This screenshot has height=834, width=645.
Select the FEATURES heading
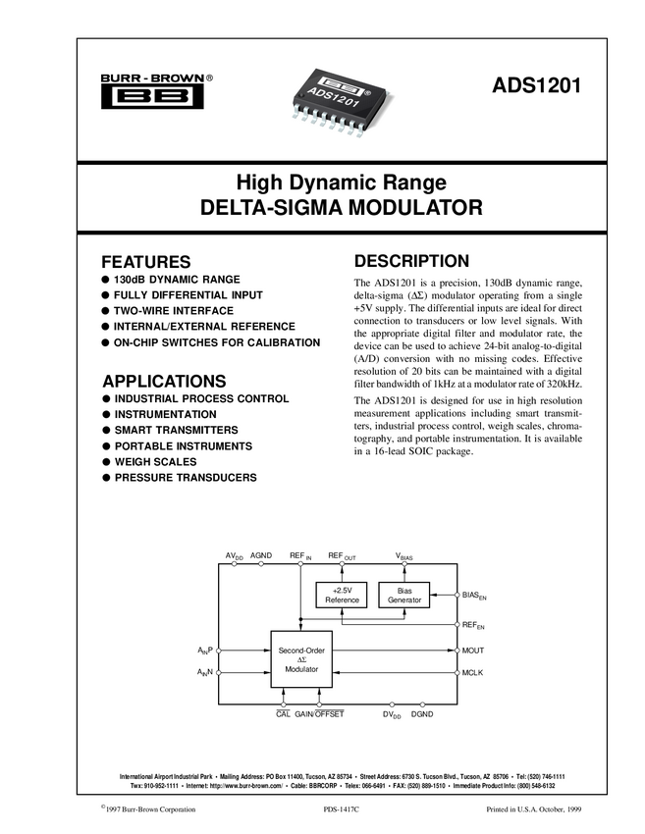click(146, 263)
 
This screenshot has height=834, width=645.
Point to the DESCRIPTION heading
click(411, 262)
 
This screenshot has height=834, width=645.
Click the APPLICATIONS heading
click(164, 381)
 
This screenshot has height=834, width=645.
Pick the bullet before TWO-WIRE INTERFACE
click(105, 310)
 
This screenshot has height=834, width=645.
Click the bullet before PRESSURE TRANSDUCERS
click(105, 477)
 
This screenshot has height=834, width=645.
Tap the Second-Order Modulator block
click(301, 658)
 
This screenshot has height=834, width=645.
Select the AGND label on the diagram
click(261, 555)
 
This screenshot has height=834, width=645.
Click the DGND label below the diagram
click(422, 715)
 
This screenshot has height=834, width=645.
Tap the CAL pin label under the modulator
click(283, 714)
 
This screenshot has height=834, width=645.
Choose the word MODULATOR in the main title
click(391, 208)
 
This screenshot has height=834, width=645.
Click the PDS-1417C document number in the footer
click(342, 809)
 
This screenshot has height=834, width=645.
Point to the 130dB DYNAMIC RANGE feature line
click(177, 279)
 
